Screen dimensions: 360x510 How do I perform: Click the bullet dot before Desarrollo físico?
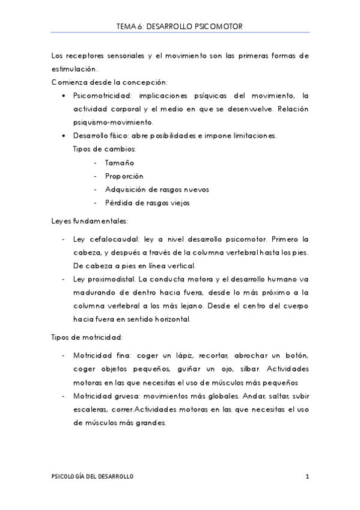click(x=64, y=136)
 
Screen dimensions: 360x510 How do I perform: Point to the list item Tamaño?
click(x=119, y=163)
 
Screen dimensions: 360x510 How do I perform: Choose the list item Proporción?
click(x=124, y=176)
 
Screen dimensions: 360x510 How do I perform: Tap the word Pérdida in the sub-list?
click(x=118, y=203)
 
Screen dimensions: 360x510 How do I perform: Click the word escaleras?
click(x=91, y=409)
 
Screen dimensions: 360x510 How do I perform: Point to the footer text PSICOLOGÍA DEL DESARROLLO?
click(x=92, y=477)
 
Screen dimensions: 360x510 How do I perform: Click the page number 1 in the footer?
click(x=307, y=477)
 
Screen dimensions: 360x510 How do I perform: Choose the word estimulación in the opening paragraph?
click(x=75, y=68)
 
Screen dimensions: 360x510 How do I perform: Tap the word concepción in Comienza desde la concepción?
click(x=142, y=82)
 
